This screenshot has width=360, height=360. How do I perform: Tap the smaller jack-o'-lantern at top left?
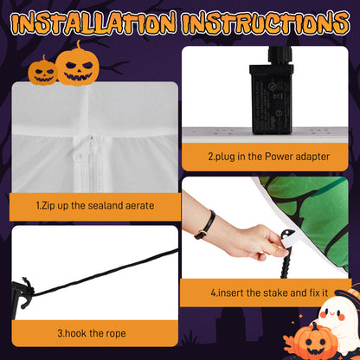[42, 71]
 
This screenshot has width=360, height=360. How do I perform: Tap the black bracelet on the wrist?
[204, 224]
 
